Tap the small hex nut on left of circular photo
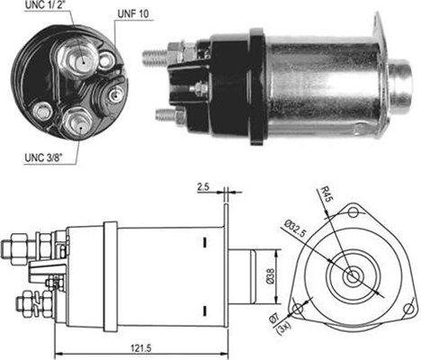coord(41,111)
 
